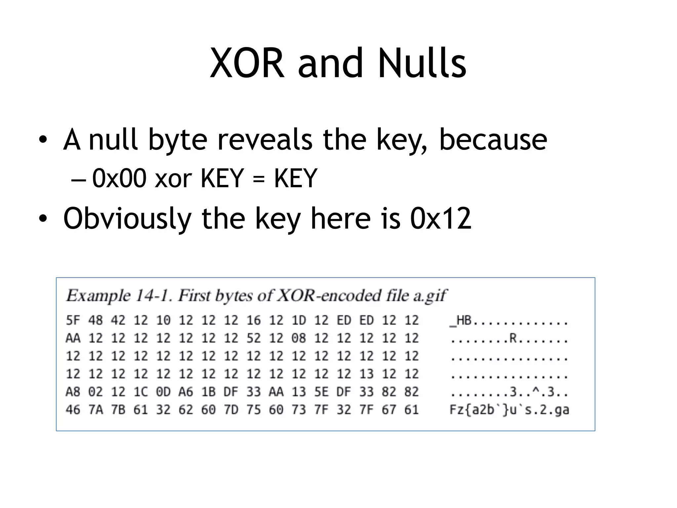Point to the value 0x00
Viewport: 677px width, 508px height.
point(119,179)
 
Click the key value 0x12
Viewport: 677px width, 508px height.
point(441,218)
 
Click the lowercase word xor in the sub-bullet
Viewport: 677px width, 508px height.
point(173,179)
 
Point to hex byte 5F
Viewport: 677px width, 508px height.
point(73,320)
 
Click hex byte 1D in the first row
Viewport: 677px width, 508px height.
point(299,320)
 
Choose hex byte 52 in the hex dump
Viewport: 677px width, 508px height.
point(254,338)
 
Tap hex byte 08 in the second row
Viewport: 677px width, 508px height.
point(299,338)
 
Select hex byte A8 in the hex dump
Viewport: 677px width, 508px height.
point(73,392)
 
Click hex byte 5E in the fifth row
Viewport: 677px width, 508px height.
point(321,392)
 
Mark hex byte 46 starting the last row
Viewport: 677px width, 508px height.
point(73,410)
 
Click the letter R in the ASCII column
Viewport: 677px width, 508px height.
point(513,338)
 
